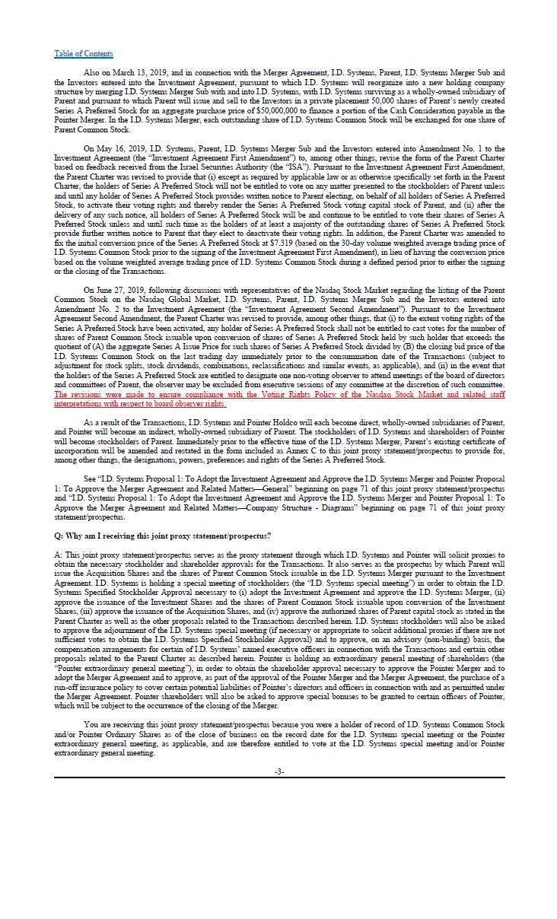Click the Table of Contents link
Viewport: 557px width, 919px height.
[x=83, y=53]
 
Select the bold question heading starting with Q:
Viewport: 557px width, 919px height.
[x=162, y=536]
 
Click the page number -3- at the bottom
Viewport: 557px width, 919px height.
[x=279, y=771]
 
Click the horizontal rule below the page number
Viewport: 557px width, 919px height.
[x=278, y=778]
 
